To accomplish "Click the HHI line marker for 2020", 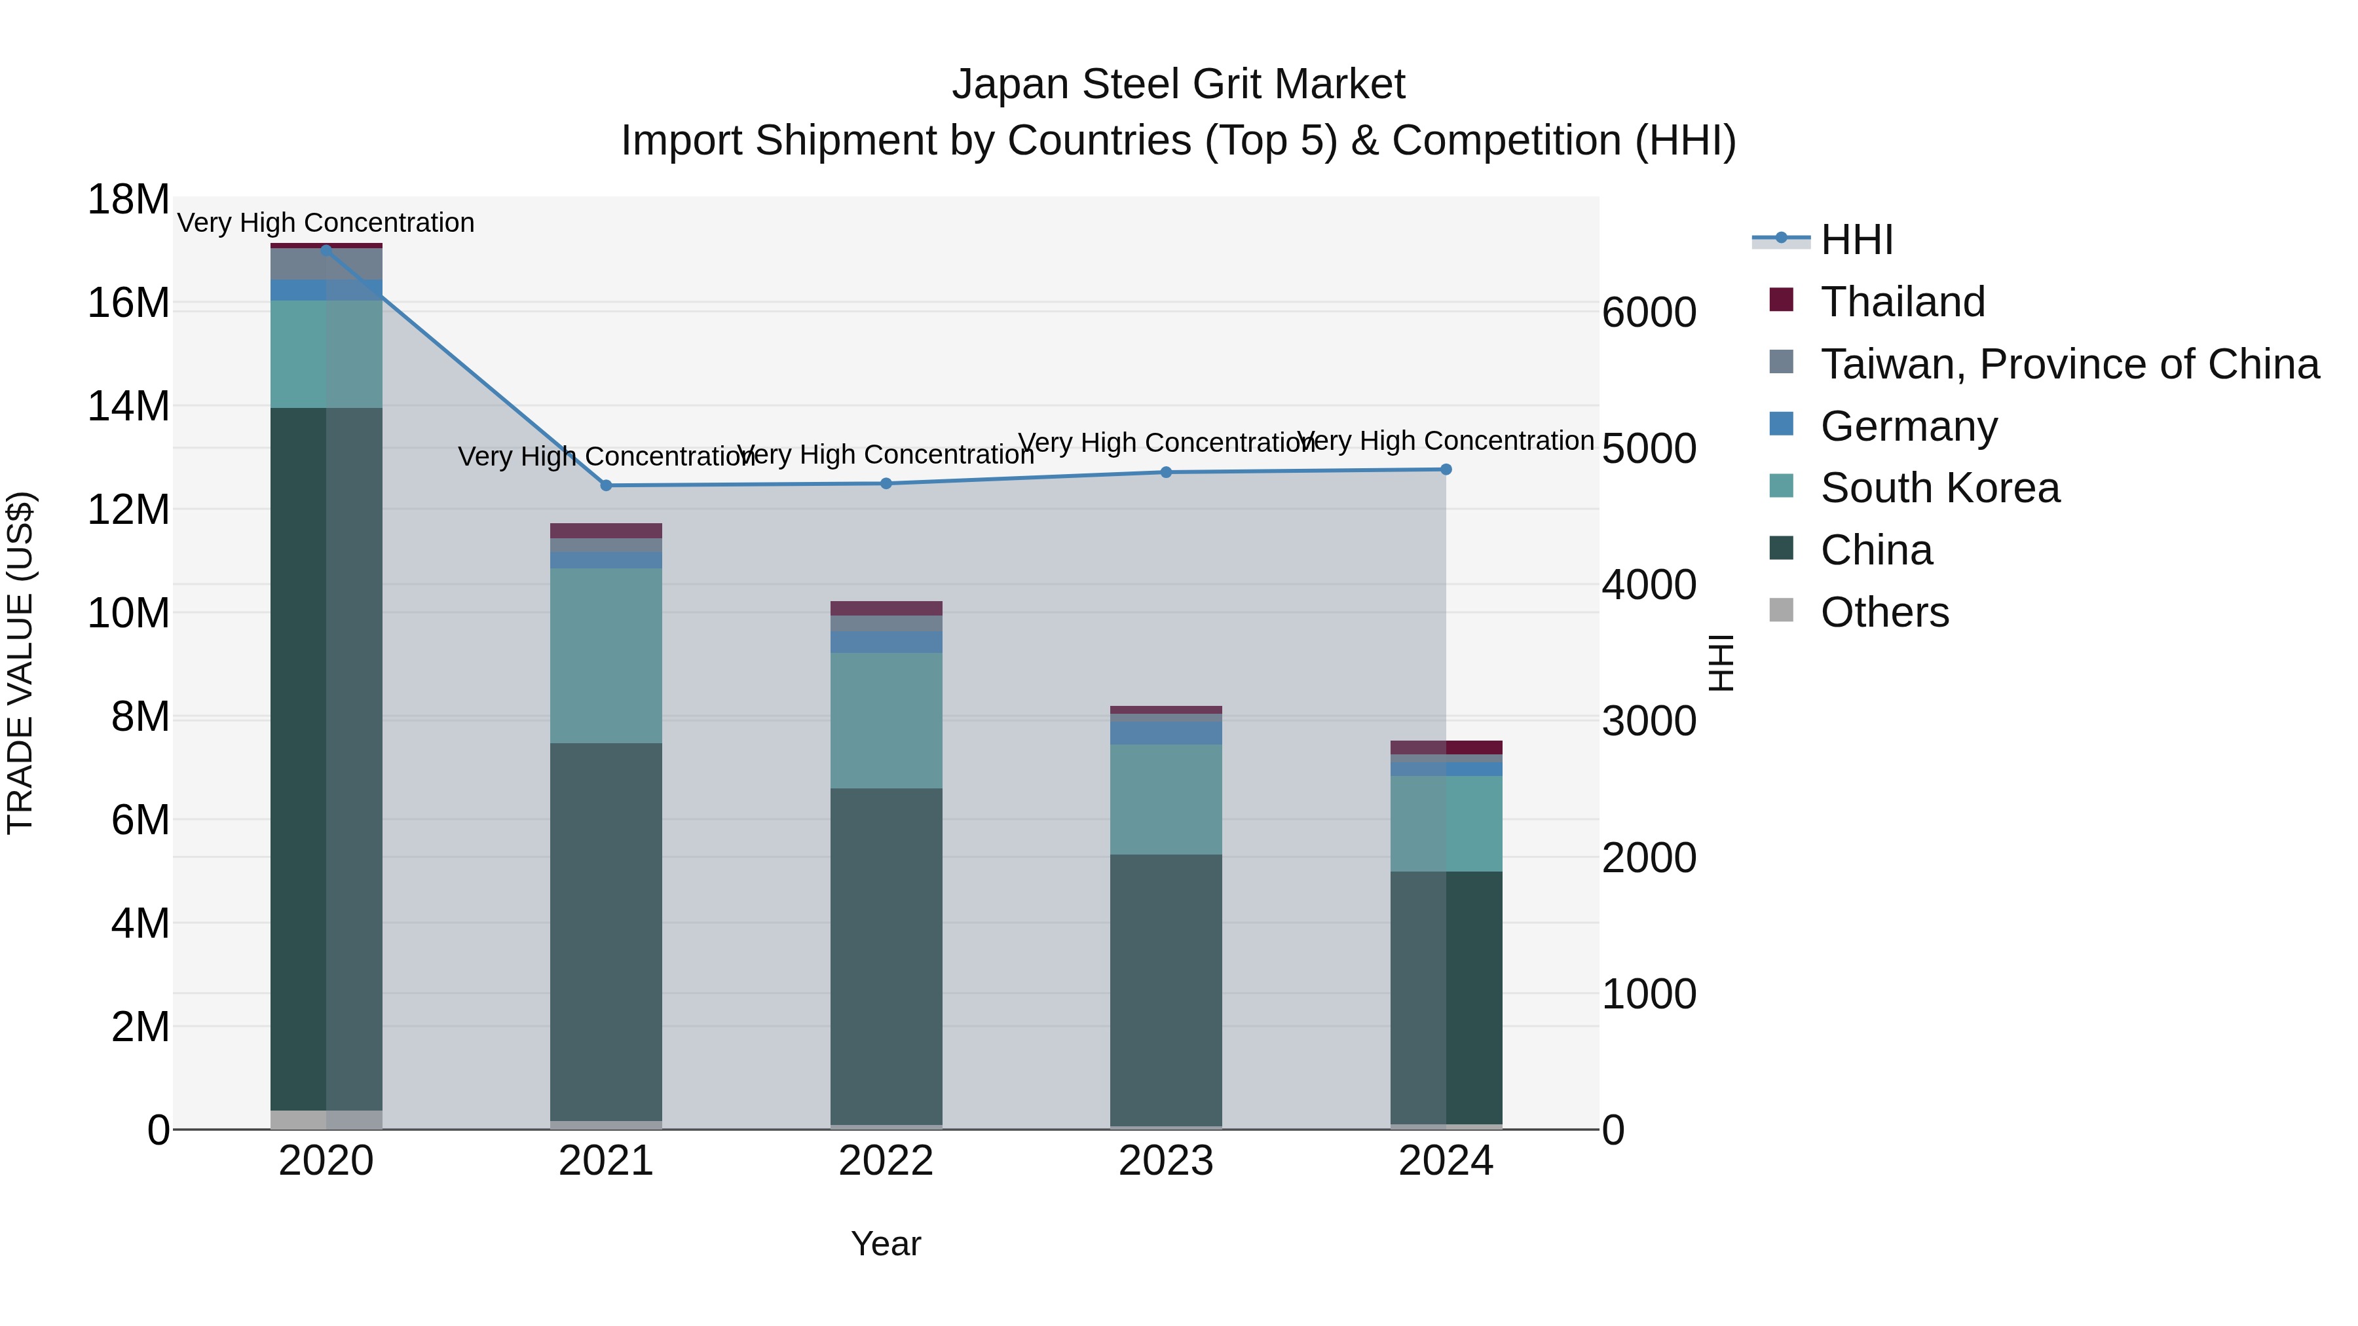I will [326, 250].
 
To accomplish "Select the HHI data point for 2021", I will [606, 486].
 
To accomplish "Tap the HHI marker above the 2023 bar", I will [1166, 472].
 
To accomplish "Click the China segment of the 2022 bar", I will [886, 955].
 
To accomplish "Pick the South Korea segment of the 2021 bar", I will [606, 655].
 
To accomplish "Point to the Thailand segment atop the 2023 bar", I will [1166, 710].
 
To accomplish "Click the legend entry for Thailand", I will [1902, 302].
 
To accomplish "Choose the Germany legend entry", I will [1909, 426].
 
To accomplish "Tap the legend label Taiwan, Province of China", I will [2068, 364].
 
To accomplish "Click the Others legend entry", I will [1884, 612].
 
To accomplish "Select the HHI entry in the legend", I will [1856, 240].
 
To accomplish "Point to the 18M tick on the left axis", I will [128, 200].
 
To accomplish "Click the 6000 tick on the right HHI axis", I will [1649, 313].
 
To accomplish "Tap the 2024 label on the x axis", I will [1446, 1161].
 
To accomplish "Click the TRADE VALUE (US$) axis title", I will [20, 663].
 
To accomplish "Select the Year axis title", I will [885, 1243].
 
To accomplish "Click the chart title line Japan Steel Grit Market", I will [1178, 84].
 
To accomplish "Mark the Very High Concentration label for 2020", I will [326, 223].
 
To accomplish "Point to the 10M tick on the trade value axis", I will [128, 613].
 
